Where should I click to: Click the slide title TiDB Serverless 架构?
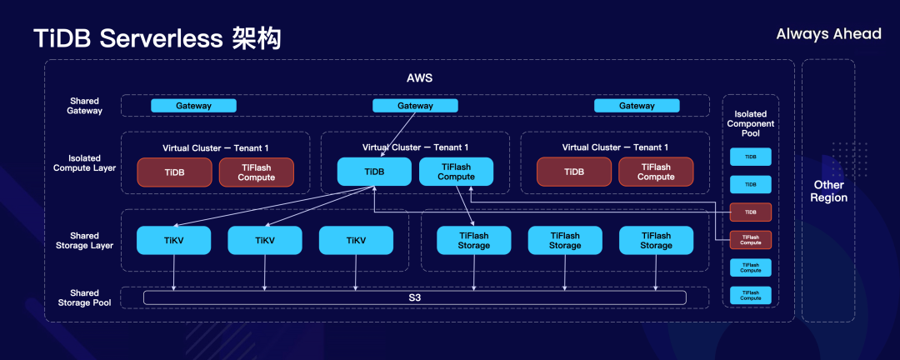coord(157,38)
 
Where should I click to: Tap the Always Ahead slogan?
coord(828,34)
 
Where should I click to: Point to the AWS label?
coord(419,78)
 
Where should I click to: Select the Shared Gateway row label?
coord(85,106)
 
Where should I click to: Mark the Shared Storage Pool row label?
coord(84,297)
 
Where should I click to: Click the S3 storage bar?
coord(414,297)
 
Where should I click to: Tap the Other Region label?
coord(828,191)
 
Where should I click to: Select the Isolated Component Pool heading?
coord(754,124)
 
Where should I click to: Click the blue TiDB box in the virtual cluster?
coord(374,172)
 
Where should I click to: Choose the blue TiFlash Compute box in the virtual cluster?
coord(456,172)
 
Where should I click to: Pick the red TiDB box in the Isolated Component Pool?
coord(750,212)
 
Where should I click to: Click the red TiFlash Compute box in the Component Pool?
coord(750,240)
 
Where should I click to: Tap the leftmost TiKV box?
coord(174,241)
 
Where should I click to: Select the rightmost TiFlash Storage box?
coord(656,241)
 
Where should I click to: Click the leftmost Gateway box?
coord(193,106)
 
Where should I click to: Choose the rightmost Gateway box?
coord(637,106)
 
